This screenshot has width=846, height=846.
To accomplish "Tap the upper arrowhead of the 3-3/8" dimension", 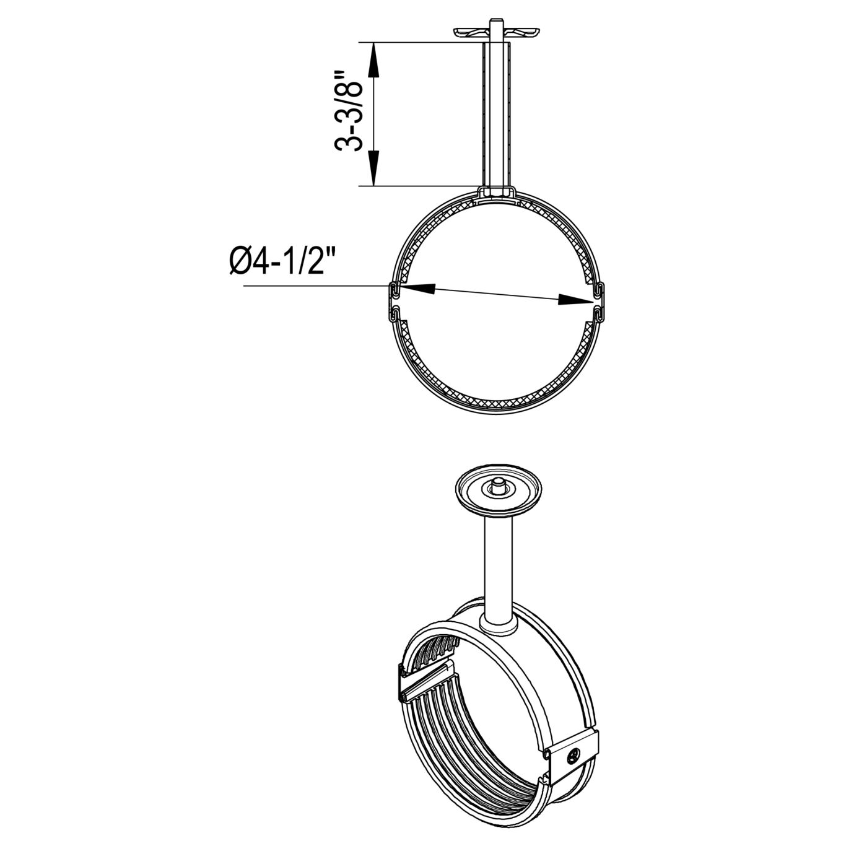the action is pos(373,61).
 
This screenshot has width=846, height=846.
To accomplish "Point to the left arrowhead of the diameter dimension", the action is pos(416,289).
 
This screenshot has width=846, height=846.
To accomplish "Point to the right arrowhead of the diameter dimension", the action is pos(575,300).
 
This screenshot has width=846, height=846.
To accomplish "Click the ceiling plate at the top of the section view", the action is pos(497,32).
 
